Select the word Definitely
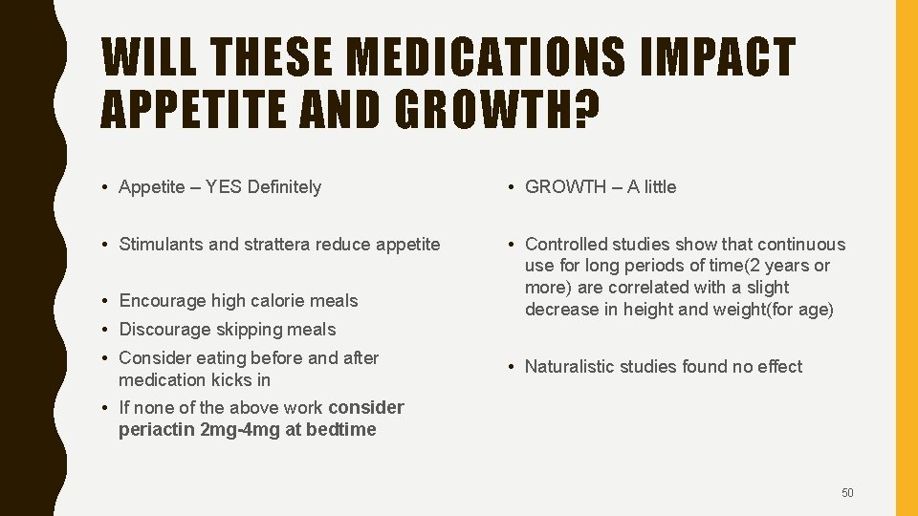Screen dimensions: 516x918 click(x=284, y=187)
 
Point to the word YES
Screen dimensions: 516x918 click(x=222, y=187)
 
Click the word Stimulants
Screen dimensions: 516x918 click(x=161, y=245)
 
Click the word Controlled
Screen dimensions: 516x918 click(x=566, y=245)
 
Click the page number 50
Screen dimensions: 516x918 click(x=847, y=493)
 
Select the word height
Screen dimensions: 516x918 click(x=647, y=309)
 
